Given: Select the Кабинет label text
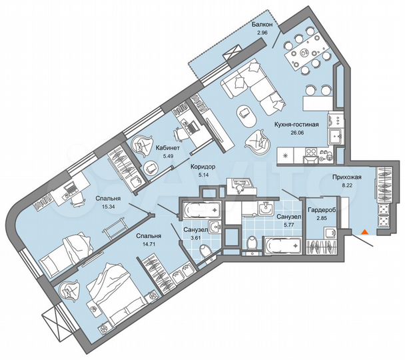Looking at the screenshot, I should (x=166, y=148).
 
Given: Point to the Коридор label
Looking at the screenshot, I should (x=201, y=167).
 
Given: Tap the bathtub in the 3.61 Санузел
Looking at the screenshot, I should (x=200, y=209).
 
